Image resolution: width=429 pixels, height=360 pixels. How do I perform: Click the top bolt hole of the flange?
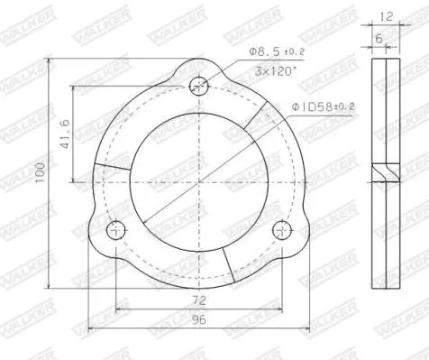click(199, 86)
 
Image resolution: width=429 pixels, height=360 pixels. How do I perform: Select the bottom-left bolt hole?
click(116, 230)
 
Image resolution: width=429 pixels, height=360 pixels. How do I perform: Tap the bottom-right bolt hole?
click(282, 230)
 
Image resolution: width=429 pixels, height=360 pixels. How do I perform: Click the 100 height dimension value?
click(40, 172)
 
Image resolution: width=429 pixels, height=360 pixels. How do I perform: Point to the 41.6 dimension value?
click(65, 134)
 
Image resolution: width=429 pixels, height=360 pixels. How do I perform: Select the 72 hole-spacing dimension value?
click(199, 300)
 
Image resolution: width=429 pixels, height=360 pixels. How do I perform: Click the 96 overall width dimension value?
click(199, 320)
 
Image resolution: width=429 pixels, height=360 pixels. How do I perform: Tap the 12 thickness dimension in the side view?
click(386, 16)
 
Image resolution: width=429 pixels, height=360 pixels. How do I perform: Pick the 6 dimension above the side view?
click(379, 39)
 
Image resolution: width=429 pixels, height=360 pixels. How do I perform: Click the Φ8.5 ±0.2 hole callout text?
click(277, 51)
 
